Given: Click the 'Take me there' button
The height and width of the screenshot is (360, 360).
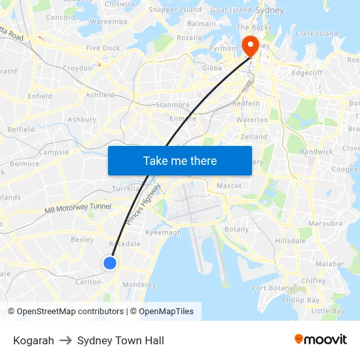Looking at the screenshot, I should [180, 160].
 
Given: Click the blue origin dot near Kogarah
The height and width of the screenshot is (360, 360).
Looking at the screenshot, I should [110, 262].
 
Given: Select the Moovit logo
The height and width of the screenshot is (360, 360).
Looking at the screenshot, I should [321, 340].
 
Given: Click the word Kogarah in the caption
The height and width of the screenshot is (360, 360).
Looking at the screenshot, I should [33, 340].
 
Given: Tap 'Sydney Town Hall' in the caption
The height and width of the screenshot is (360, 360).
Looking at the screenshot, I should [120, 340].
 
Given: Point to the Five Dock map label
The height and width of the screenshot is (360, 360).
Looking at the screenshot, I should [103, 48].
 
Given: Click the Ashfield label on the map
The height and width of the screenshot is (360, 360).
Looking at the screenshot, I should [100, 95].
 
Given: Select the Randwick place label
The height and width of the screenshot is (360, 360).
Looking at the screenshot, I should [317, 151].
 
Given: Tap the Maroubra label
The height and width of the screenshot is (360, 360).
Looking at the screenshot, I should [325, 223].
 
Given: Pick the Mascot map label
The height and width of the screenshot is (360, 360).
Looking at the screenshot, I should [229, 186].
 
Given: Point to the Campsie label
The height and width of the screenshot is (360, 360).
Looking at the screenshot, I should [54, 152].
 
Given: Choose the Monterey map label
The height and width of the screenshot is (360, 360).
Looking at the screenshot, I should [139, 285].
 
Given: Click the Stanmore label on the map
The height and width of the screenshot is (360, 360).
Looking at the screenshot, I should [173, 105].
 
